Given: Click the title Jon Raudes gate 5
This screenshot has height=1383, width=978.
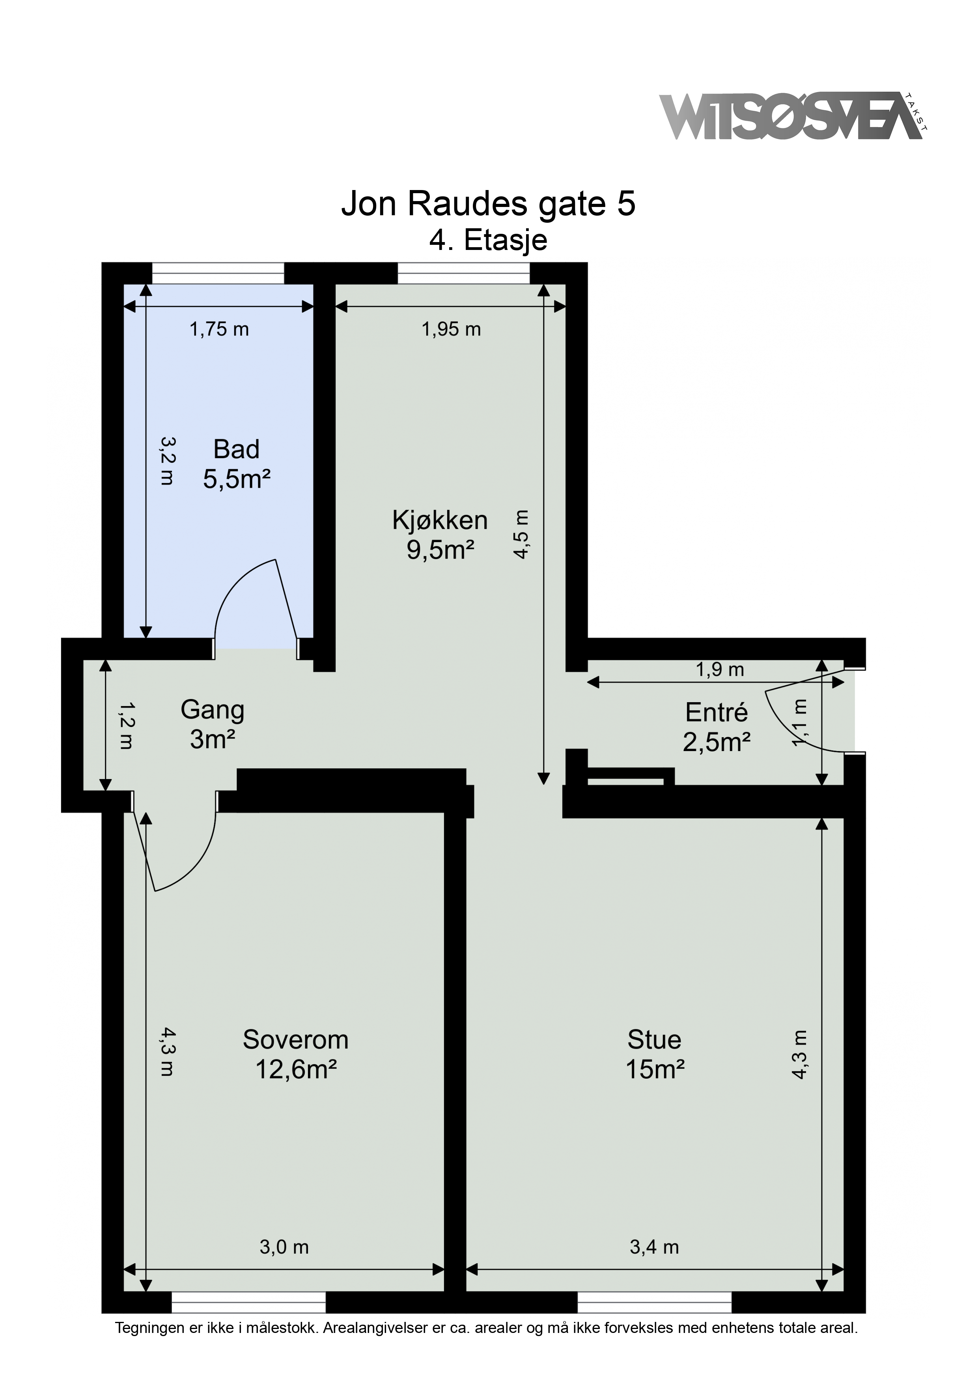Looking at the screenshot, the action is [488, 203].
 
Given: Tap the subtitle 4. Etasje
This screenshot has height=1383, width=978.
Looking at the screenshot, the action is [488, 240].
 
